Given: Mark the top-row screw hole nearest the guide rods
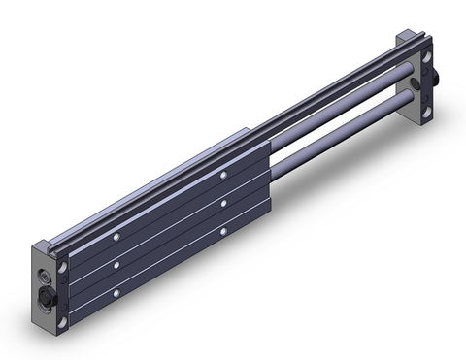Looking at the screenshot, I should point(222,176).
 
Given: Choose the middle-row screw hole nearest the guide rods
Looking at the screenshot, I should point(223,203).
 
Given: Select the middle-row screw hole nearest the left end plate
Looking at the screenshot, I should point(116,262).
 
